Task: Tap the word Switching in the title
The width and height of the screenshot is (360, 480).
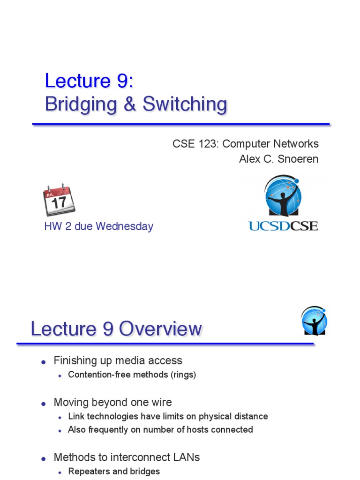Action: click(185, 104)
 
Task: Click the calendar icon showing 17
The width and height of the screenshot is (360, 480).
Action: click(59, 201)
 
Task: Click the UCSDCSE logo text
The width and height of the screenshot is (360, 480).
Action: click(283, 226)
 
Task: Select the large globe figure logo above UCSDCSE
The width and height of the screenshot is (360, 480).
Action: click(283, 196)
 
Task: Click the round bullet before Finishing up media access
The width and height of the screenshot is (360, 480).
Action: click(44, 362)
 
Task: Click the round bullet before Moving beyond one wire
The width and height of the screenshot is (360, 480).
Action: click(44, 404)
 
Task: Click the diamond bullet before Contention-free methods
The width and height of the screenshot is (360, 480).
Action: click(60, 375)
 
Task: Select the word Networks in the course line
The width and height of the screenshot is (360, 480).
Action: click(297, 143)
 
